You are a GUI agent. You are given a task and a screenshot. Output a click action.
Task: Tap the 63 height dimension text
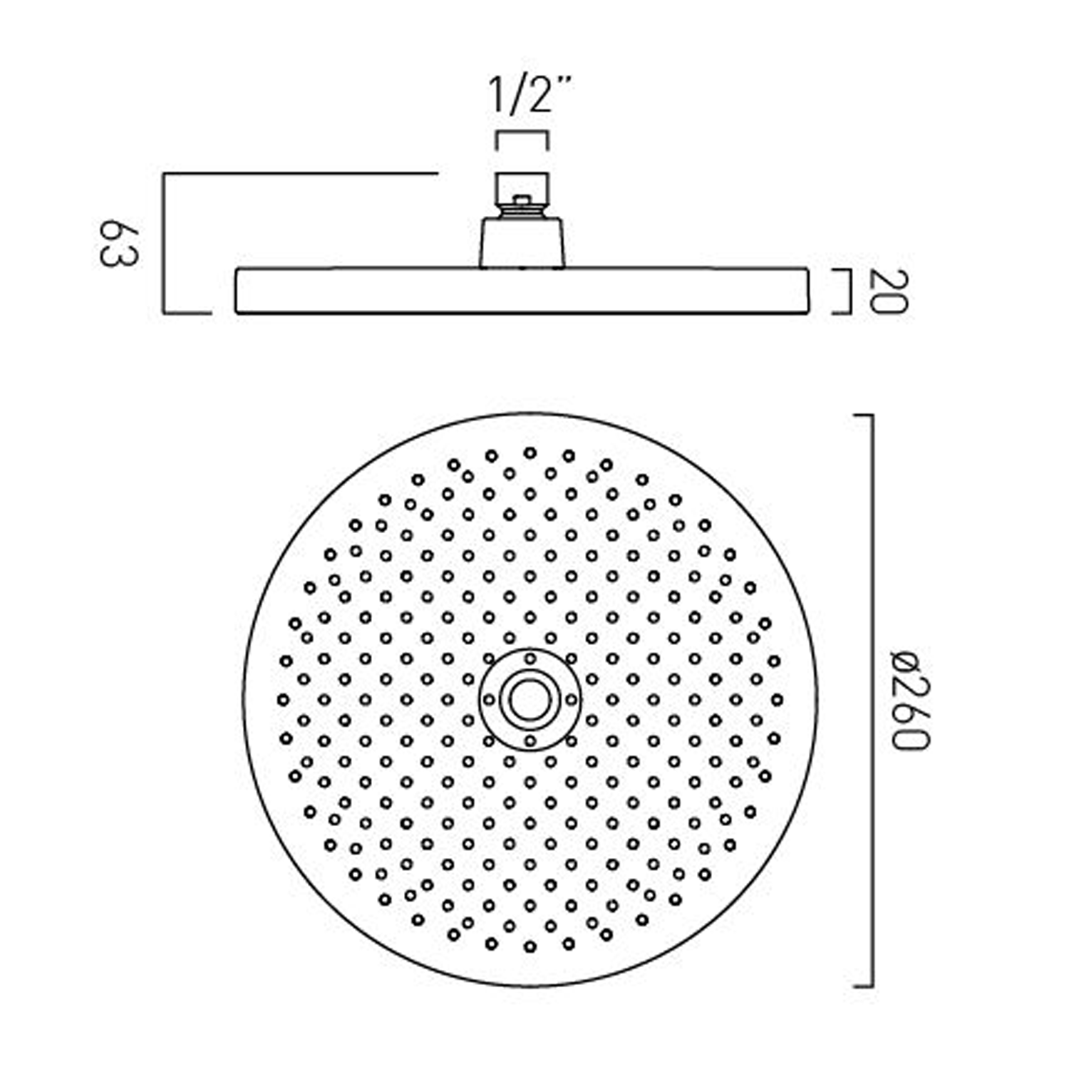pos(118,243)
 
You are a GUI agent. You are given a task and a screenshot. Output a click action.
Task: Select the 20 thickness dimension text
pos(890,291)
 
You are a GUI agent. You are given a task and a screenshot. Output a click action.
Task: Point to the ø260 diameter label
pos(910,700)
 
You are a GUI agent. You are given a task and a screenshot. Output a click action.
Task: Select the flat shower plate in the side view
pos(522,291)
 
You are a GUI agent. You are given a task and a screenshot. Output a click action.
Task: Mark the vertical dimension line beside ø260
pos(872,700)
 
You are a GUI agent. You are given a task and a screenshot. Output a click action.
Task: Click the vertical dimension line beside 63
pos(165,243)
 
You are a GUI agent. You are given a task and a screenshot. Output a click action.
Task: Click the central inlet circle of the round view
pos(529,700)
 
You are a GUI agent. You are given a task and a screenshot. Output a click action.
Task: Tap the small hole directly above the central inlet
pos(530,659)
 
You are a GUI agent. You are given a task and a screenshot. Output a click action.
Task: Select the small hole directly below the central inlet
pos(530,741)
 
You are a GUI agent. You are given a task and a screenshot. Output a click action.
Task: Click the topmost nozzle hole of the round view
pos(530,453)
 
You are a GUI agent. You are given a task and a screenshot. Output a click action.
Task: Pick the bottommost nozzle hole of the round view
pos(530,946)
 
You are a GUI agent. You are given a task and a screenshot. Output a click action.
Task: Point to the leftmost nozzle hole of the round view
pos(283,700)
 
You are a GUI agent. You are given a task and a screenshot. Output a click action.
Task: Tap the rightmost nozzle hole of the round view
pos(777,700)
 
